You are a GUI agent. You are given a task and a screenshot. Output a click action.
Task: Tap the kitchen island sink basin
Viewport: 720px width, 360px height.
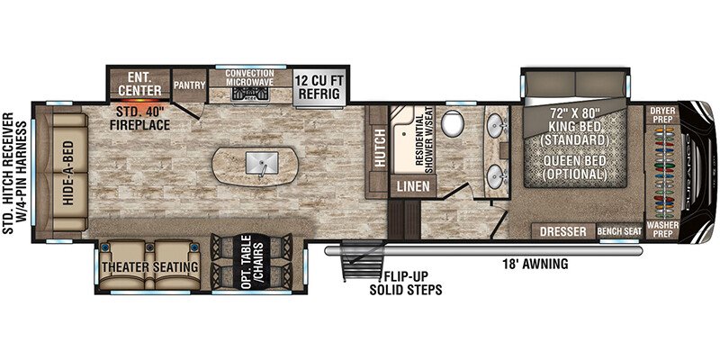pyautogui.click(x=262, y=162)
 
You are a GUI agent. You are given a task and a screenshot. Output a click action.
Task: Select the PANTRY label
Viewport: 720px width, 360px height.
pyautogui.click(x=189, y=85)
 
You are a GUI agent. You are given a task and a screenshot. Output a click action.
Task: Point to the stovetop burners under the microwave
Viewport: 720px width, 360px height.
pyautogui.click(x=250, y=94)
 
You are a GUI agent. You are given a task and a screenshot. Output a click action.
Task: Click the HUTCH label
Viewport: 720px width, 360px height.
pyautogui.click(x=379, y=149)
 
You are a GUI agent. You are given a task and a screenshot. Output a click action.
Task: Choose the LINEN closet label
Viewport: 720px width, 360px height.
pyautogui.click(x=414, y=186)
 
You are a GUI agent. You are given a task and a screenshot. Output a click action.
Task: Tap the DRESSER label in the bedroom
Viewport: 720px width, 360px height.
pyautogui.click(x=563, y=231)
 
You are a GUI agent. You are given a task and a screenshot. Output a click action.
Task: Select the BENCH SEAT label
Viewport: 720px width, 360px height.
pyautogui.click(x=619, y=232)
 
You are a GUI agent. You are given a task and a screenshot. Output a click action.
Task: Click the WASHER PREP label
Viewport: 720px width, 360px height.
pyautogui.click(x=662, y=229)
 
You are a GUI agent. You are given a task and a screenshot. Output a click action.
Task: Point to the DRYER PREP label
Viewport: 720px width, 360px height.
pyautogui.click(x=662, y=115)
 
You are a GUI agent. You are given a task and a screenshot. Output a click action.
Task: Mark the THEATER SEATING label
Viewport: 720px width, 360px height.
pyautogui.click(x=150, y=266)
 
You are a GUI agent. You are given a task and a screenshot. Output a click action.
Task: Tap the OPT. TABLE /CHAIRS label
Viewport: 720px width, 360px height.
pyautogui.click(x=252, y=262)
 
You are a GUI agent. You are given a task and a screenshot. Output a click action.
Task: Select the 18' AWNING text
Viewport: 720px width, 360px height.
pyautogui.click(x=534, y=264)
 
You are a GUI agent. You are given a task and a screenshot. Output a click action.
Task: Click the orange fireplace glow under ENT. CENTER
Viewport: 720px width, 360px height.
pyautogui.click(x=138, y=100)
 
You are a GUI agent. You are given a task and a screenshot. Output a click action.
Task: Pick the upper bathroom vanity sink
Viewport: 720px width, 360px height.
pyautogui.click(x=497, y=124)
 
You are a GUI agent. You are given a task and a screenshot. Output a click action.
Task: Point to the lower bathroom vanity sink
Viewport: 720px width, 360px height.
pyautogui.click(x=496, y=176)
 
